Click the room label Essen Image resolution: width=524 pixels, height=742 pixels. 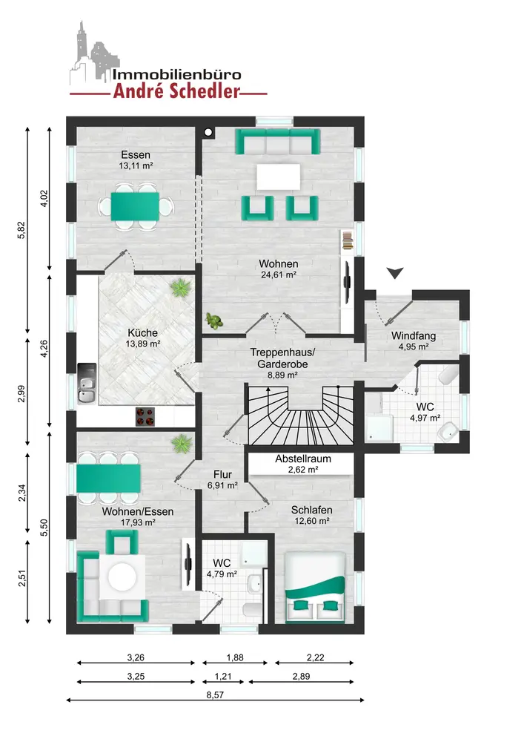pos(136,155)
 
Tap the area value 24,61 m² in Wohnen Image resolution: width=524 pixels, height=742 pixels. pos(278,275)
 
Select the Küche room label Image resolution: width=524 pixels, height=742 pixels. pos(143,332)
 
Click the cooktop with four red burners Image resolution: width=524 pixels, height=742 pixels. pos(145,417)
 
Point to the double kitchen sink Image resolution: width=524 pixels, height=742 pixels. pos(87,384)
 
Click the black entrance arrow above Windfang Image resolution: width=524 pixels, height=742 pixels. pos(395,273)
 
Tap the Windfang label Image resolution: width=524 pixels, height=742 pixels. pos(414,336)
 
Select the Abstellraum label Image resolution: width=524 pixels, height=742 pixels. pos(303,459)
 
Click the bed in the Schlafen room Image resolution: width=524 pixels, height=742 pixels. pos(315,587)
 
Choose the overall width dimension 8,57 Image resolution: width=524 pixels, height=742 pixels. pos(215,695)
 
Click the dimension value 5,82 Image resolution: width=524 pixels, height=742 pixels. pos(21,230)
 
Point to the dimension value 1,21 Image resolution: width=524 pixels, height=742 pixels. pos(223,676)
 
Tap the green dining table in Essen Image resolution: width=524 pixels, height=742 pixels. pos(135,207)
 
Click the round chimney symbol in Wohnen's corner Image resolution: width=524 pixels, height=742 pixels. pos(208,132)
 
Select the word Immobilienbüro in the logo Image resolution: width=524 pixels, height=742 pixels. pos(176,75)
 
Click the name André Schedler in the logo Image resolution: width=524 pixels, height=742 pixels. pos(176,91)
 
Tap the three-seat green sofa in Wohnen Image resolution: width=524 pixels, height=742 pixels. pos(278,142)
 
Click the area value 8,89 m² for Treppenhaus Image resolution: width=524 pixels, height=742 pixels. pos(282,375)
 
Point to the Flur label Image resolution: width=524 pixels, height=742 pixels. pos(222,474)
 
